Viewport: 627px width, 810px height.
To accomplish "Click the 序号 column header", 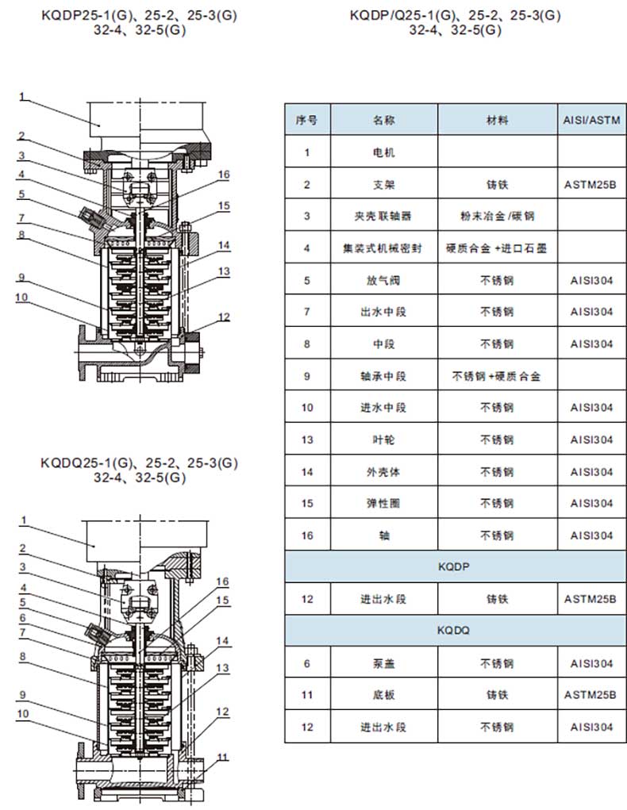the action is pos(306,121).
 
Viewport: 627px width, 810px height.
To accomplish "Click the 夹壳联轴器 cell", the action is pos(384,216).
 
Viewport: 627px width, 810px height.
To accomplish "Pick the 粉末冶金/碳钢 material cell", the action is pos(498,216).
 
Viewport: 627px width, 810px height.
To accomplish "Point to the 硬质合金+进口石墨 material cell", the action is pos(498,248).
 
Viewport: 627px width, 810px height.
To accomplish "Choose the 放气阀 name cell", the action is pos(384,280).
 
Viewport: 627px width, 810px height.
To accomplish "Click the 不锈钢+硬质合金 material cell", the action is pos(498,375).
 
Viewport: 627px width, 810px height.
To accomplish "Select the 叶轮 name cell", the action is pos(384,440).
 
